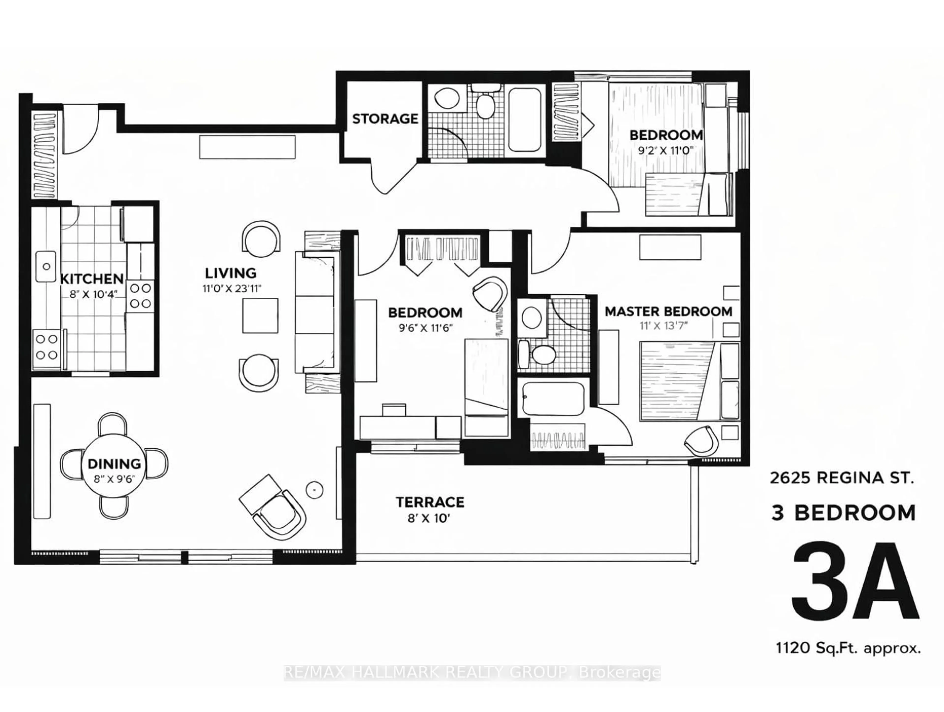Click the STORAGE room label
pos(385,119)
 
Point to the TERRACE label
pos(430,502)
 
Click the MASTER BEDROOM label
pos(668,311)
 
